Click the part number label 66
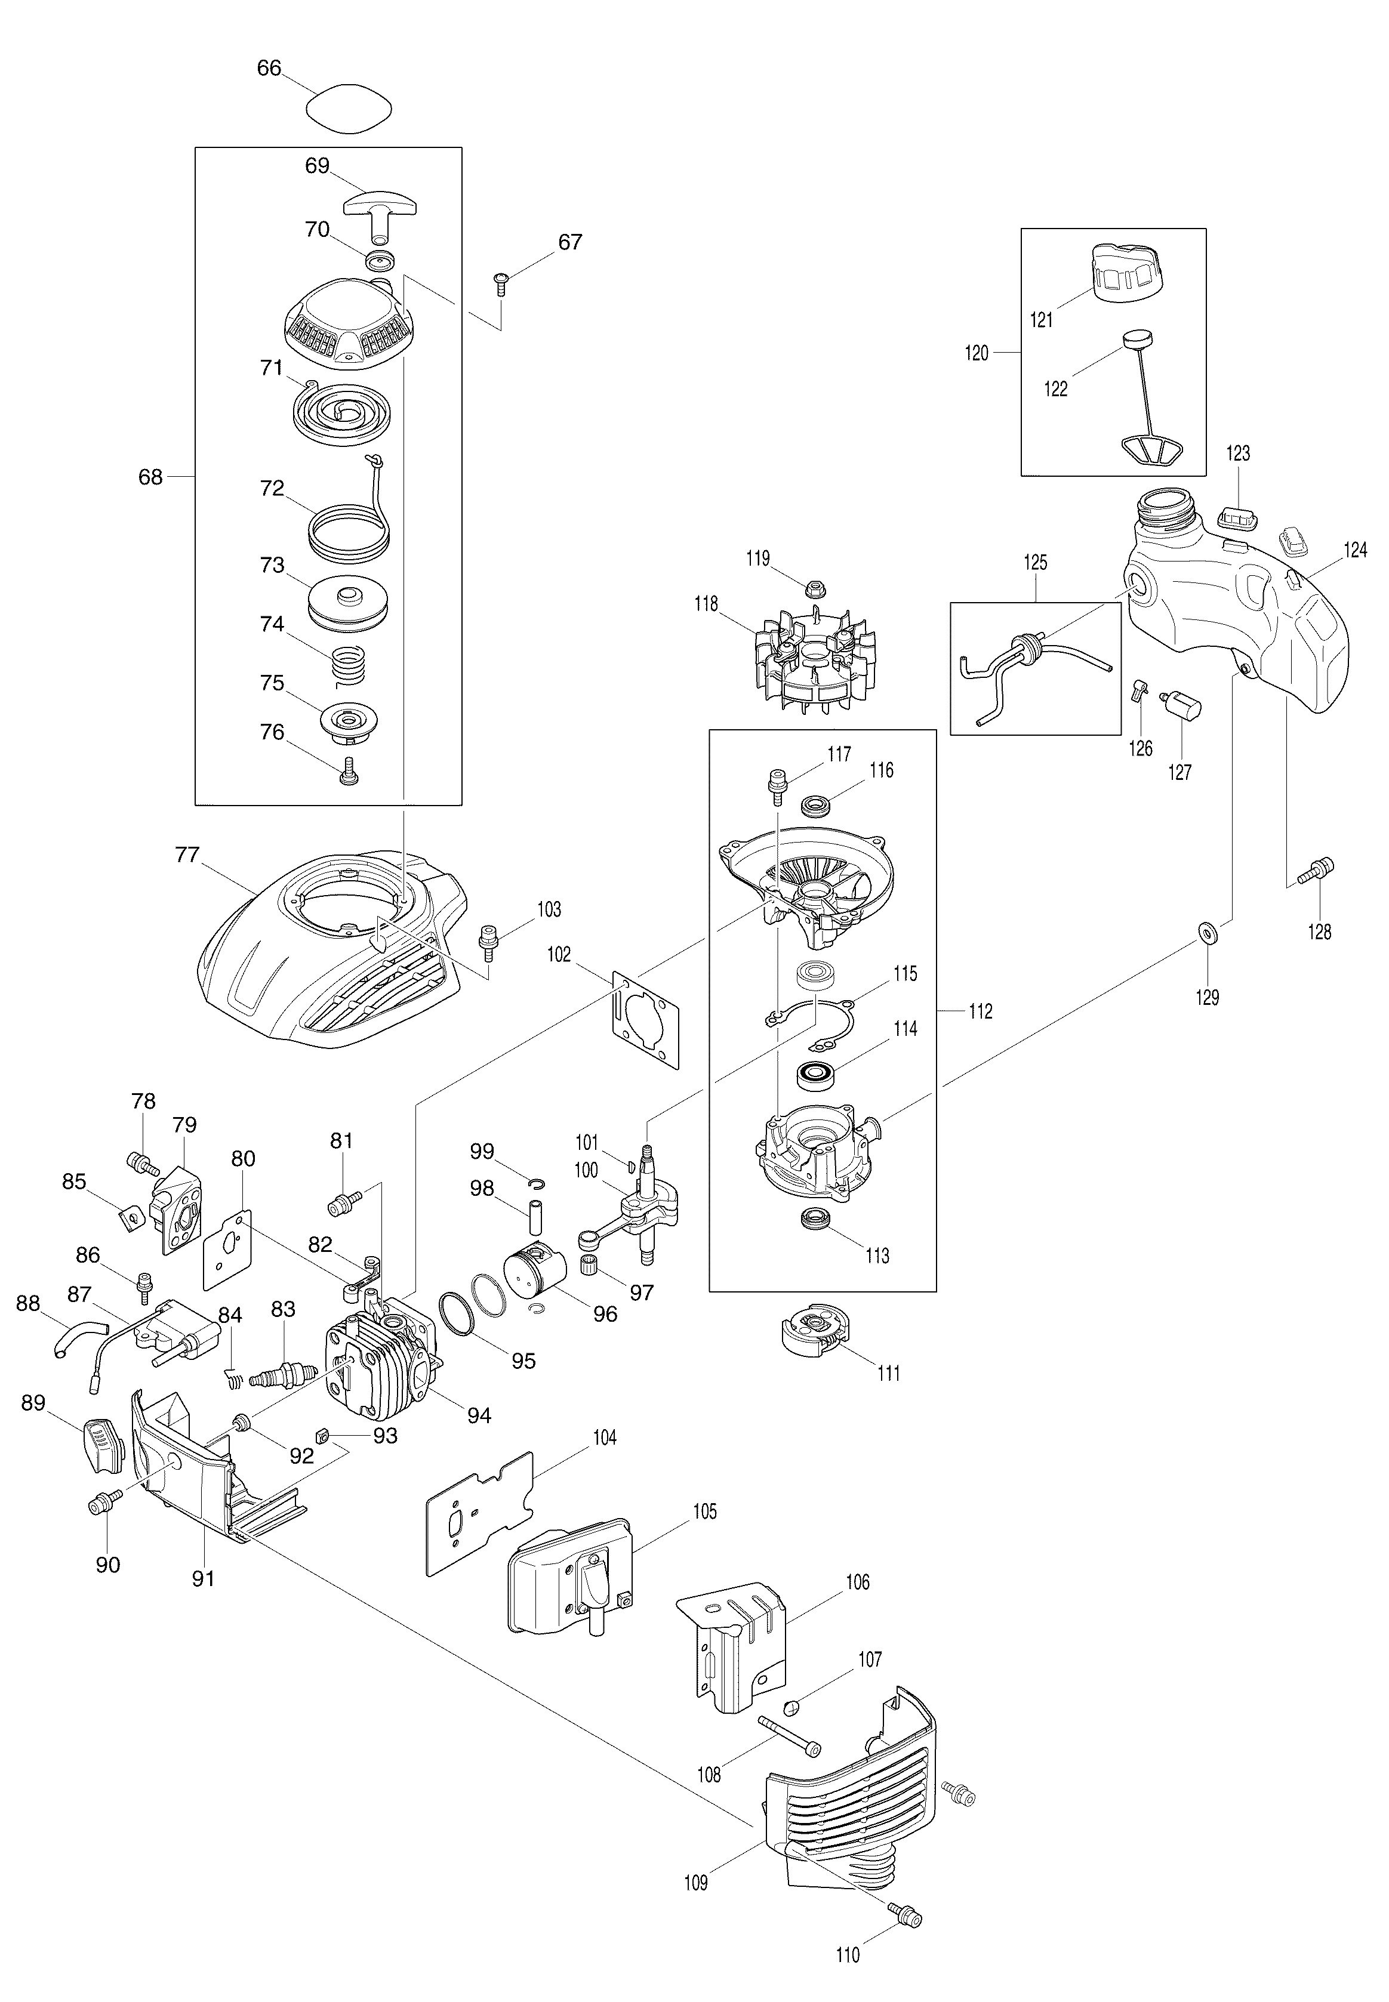pos(269,68)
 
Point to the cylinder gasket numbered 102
pos(645,1018)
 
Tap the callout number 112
pos(980,1011)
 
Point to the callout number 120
pos(977,353)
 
